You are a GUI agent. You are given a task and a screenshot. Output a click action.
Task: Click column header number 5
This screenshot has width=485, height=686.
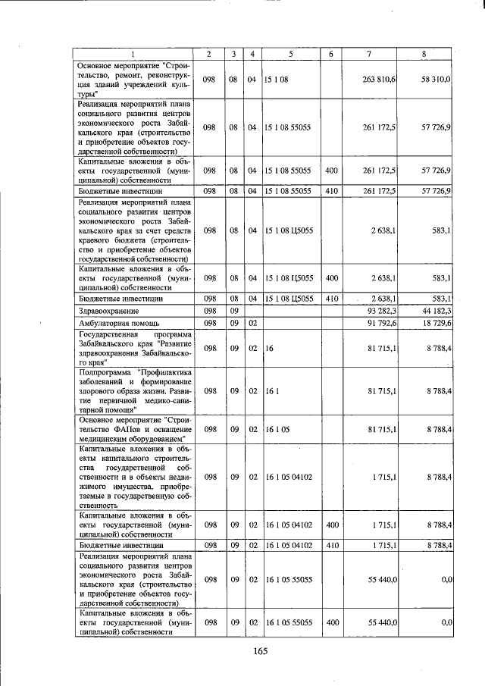(290, 54)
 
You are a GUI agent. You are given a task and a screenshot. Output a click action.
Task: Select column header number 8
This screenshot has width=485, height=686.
(425, 54)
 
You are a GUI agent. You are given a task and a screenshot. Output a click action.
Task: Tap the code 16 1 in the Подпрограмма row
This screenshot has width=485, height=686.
(271, 390)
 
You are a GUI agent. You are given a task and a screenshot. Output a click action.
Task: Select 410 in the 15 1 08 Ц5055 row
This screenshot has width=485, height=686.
(331, 299)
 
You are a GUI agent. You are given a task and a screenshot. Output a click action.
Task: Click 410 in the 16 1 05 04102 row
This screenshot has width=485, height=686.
(331, 544)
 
